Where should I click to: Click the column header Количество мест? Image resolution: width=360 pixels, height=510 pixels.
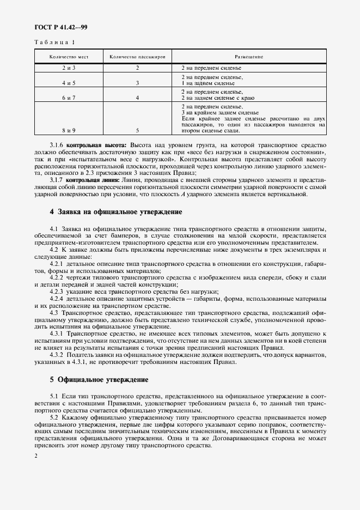point(69,57)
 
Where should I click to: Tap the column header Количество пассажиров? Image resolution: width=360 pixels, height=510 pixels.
point(137,57)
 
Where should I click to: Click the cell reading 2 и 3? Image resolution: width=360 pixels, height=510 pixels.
point(69,68)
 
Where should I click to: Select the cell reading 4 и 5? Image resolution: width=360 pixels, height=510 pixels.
point(69,83)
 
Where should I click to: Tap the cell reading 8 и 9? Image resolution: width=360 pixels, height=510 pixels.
point(69,131)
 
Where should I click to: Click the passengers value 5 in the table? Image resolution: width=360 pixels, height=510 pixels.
point(137,131)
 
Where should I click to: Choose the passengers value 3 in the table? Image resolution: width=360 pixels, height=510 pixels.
point(137,83)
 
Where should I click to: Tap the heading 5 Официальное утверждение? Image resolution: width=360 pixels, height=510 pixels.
point(99,379)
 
